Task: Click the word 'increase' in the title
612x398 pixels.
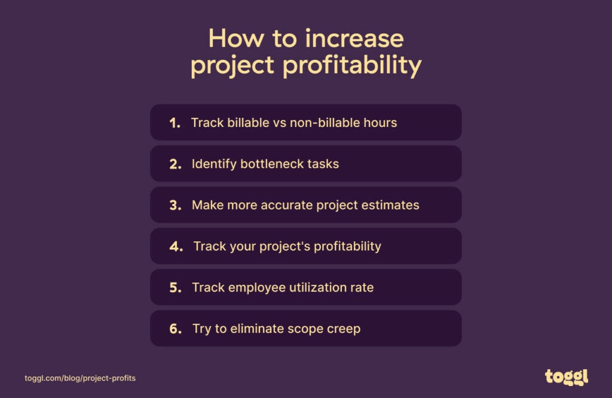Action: (x=354, y=39)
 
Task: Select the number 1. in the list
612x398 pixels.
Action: (x=175, y=123)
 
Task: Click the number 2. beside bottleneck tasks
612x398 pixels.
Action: (x=175, y=165)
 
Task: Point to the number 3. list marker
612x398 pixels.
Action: (x=175, y=205)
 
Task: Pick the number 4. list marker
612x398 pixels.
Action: (x=176, y=247)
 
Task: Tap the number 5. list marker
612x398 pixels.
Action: (x=175, y=288)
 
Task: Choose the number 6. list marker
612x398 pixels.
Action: (x=175, y=329)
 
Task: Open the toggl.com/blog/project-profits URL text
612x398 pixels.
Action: (x=80, y=378)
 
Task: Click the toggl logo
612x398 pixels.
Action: (x=566, y=376)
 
